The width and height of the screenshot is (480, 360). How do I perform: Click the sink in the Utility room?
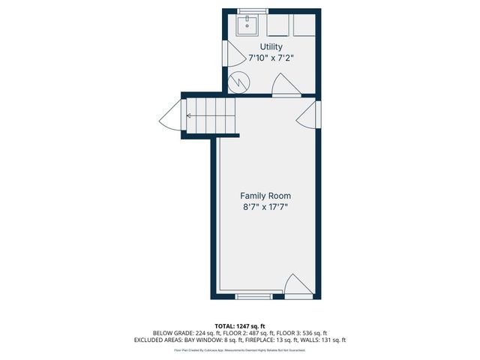[247, 25]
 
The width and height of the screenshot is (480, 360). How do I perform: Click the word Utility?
[271, 46]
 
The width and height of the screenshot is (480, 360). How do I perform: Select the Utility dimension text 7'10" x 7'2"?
[271, 58]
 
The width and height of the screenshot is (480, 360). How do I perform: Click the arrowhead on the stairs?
[188, 115]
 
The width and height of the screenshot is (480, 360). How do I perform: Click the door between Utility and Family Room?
[286, 85]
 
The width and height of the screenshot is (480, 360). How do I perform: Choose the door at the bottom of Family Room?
[298, 286]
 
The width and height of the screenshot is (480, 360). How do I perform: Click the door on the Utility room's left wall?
[232, 53]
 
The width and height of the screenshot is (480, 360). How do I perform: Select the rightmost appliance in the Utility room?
[304, 25]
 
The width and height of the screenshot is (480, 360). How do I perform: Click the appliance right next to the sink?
[278, 25]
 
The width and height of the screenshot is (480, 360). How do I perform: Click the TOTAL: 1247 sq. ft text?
[240, 325]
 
